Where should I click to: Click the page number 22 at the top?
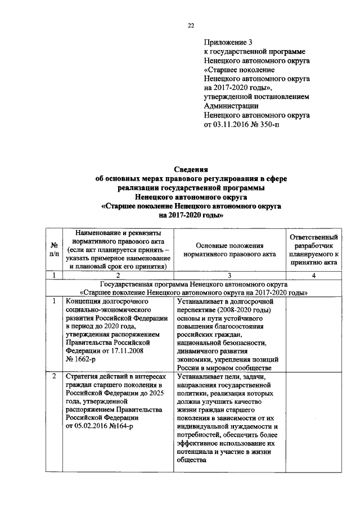click(190, 25)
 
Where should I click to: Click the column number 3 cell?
click(229, 275)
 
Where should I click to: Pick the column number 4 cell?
click(313, 275)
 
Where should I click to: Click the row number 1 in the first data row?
click(55, 301)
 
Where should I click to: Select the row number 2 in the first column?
click(55, 376)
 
